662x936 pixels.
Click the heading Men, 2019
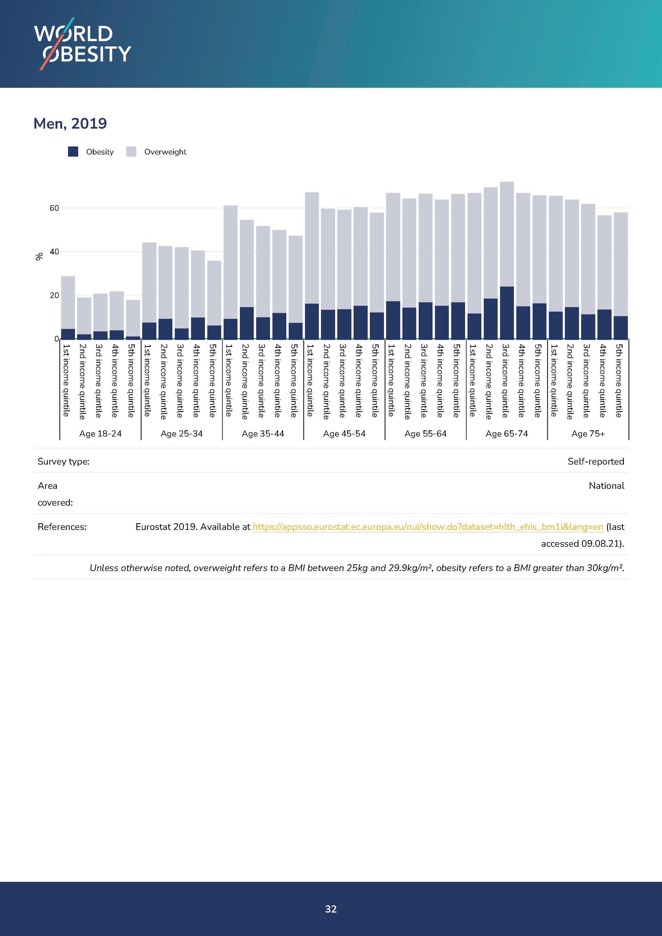70,123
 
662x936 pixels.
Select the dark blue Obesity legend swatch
73,152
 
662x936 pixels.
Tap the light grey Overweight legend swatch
131,152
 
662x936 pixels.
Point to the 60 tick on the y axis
54,208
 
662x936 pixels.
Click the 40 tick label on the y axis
54,252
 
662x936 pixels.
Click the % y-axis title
39,256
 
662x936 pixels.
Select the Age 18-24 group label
100,434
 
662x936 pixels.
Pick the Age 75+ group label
588,434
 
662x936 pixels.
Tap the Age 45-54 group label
344,434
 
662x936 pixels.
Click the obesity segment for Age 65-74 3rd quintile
507,313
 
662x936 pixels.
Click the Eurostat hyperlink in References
428,527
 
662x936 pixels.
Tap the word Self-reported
596,462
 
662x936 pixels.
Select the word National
606,486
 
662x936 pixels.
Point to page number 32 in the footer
331,909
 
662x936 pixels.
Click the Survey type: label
64,462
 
